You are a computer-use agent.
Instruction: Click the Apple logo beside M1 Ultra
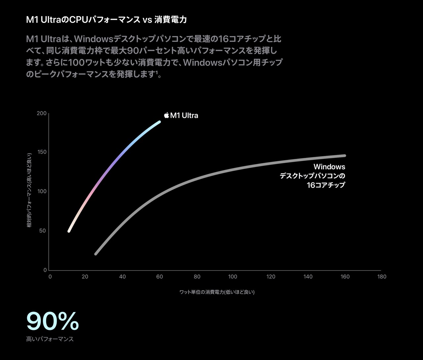167,115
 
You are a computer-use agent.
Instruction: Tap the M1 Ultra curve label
184,116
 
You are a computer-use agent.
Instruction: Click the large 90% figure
53,321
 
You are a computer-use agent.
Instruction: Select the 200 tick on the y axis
42,113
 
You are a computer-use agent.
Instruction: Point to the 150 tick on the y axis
42,152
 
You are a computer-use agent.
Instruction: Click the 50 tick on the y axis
43,231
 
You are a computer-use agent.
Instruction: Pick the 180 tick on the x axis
382,277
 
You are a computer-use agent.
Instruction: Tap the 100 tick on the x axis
233,277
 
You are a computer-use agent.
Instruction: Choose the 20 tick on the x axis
85,277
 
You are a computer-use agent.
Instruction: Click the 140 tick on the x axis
308,277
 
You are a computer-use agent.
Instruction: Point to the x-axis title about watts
217,292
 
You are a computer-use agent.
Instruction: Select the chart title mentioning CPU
106,20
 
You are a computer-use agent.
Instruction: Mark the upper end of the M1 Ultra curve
159,122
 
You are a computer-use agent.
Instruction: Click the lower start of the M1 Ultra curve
69,231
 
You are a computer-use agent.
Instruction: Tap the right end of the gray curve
345,156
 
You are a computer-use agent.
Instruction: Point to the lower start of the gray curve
96,254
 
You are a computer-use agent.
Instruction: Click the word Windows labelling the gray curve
329,167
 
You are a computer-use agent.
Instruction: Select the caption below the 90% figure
50,339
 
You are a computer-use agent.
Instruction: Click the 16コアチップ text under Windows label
326,185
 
